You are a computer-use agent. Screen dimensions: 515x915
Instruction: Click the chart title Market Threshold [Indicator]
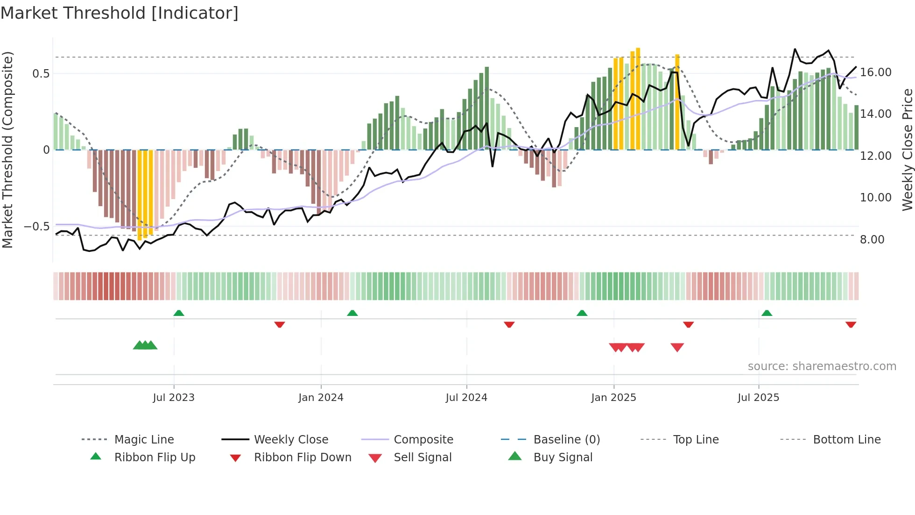pyautogui.click(x=120, y=13)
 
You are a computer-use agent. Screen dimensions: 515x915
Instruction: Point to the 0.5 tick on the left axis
pyautogui.click(x=41, y=73)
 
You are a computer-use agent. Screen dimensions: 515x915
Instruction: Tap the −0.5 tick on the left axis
pyautogui.click(x=37, y=227)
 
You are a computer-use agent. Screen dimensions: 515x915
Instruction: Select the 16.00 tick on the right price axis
pyautogui.click(x=875, y=72)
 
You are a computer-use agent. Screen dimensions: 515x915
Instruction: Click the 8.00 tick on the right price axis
pyautogui.click(x=872, y=240)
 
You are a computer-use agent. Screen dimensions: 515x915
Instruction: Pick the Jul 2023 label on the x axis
pyautogui.click(x=174, y=398)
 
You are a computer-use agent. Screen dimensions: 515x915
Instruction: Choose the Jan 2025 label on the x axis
pyautogui.click(x=613, y=398)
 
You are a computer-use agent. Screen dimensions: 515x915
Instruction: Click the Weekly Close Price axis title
pyautogui.click(x=907, y=150)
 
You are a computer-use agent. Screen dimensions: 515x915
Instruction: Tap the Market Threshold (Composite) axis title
pyautogui.click(x=7, y=150)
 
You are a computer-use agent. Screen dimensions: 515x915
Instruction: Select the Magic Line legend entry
pyautogui.click(x=144, y=440)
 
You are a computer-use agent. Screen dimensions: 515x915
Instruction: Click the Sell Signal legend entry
pyautogui.click(x=422, y=458)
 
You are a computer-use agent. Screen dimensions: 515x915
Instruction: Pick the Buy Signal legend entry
pyautogui.click(x=563, y=458)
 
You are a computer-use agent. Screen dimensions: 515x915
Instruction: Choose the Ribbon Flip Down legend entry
pyautogui.click(x=303, y=458)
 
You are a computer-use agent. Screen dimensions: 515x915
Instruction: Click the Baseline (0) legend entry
pyautogui.click(x=566, y=440)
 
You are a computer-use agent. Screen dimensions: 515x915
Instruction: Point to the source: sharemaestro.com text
pyautogui.click(x=822, y=366)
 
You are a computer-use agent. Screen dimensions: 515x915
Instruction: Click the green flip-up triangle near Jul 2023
pyautogui.click(x=179, y=313)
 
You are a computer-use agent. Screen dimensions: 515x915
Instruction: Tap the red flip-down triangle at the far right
pyautogui.click(x=851, y=324)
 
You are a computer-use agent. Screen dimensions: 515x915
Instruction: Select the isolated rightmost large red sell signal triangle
pyautogui.click(x=677, y=347)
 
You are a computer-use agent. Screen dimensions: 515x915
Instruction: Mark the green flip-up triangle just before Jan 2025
pyautogui.click(x=582, y=313)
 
